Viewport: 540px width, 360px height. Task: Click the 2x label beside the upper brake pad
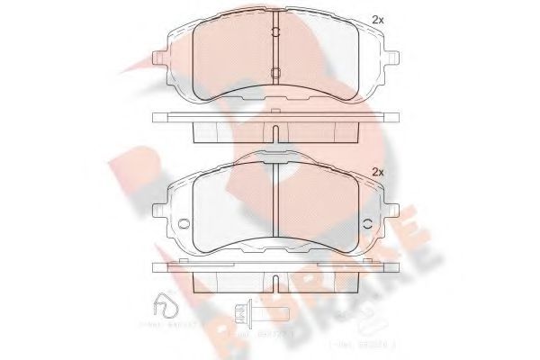pos(378,19)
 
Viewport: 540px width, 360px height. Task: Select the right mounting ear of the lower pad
pos(388,193)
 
